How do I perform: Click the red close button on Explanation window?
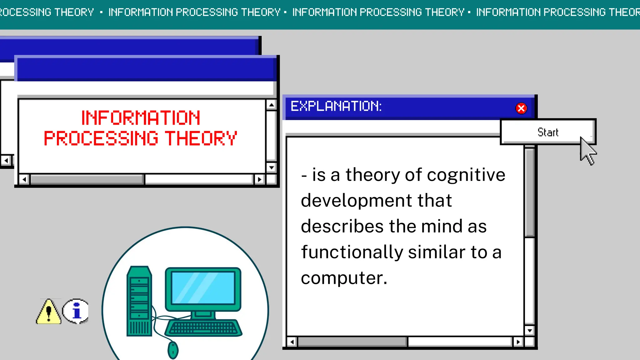click(x=521, y=108)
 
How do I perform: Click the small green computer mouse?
click(x=173, y=350)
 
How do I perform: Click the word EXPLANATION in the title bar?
click(x=336, y=106)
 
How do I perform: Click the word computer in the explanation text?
click(x=344, y=278)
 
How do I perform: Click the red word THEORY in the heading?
click(x=201, y=138)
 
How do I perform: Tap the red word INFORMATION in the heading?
click(x=141, y=118)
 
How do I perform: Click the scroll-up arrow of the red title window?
click(x=271, y=105)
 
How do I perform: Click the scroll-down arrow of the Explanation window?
click(x=529, y=330)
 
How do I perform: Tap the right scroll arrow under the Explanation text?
click(x=518, y=342)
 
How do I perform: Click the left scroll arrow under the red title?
click(x=24, y=179)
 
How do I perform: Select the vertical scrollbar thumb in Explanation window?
click(x=529, y=192)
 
